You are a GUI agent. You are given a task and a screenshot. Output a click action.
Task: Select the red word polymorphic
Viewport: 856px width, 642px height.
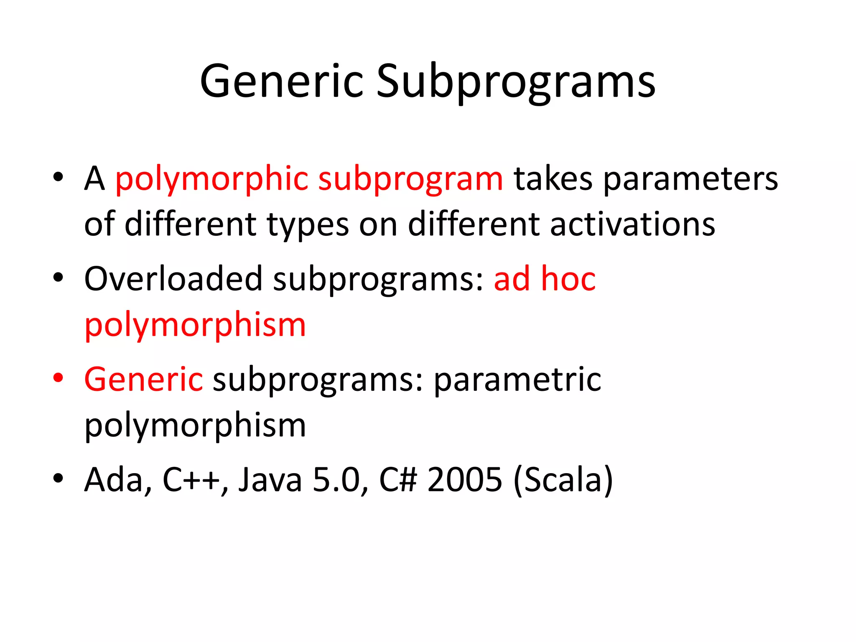(211, 179)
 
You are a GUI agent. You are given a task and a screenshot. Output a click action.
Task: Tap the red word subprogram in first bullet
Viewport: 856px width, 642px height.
(410, 179)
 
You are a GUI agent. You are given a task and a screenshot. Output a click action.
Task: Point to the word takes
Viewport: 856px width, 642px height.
(553, 178)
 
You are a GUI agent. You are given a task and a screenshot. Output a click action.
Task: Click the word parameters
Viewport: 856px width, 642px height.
(690, 179)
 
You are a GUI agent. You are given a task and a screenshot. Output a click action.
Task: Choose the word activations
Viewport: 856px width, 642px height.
(632, 224)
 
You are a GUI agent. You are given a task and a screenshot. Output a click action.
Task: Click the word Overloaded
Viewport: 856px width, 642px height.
(173, 279)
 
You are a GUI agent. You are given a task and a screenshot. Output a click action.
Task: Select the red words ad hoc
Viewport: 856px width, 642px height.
(545, 279)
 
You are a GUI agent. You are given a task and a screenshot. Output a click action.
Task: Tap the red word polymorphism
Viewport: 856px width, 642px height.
(195, 325)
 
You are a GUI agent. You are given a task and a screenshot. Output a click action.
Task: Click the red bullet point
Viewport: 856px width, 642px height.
(58, 377)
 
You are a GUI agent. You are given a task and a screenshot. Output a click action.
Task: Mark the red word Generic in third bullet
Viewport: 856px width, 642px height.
(143, 379)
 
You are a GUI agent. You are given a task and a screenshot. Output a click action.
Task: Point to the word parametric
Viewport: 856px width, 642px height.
(517, 380)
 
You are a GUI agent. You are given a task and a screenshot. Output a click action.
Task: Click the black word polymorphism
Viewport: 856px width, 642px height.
(195, 425)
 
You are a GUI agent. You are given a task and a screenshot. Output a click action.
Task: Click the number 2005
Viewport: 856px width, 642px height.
(464, 479)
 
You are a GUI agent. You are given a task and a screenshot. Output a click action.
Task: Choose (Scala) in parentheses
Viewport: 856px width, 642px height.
(563, 480)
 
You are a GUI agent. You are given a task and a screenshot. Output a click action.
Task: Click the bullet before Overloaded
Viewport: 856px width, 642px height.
(58, 277)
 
